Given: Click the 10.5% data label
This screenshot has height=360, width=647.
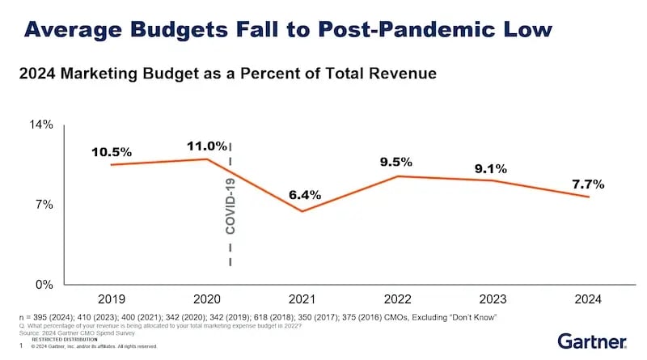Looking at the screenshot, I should pyautogui.click(x=112, y=152).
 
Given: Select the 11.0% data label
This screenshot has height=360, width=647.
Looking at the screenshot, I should pyautogui.click(x=207, y=146).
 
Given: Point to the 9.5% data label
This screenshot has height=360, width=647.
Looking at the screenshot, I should pyautogui.click(x=396, y=162).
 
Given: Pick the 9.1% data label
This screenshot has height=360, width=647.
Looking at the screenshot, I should pyautogui.click(x=491, y=169).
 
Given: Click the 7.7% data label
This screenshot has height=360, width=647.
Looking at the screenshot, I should pyautogui.click(x=587, y=184).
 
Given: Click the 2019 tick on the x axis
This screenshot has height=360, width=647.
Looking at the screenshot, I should pyautogui.click(x=111, y=298).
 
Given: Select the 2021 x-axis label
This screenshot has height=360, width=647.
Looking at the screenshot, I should pyautogui.click(x=302, y=298).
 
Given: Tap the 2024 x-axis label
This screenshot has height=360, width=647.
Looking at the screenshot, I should pyautogui.click(x=587, y=298).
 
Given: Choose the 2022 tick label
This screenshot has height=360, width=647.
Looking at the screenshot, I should pyautogui.click(x=396, y=298).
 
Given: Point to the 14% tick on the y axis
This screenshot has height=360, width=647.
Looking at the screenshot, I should pyautogui.click(x=42, y=125).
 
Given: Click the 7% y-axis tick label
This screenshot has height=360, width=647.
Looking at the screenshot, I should pyautogui.click(x=45, y=205).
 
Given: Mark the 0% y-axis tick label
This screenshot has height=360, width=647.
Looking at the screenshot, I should pyautogui.click(x=45, y=285).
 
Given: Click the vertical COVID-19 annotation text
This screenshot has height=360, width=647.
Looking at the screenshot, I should pyautogui.click(x=230, y=205).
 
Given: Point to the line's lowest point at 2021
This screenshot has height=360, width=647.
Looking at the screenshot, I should pyautogui.click(x=302, y=211).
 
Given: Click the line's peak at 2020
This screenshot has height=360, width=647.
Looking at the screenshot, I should pyautogui.click(x=207, y=159).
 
